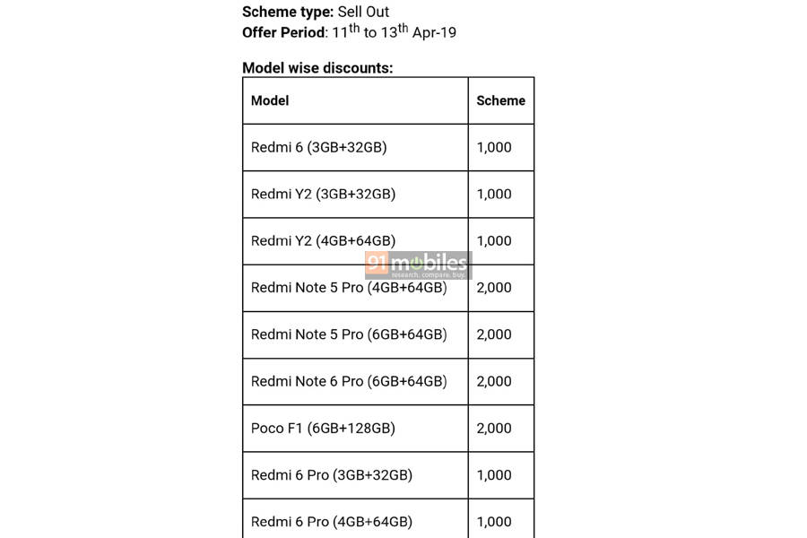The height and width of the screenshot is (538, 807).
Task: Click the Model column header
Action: tap(270, 100)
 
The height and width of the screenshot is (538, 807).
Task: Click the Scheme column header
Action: tap(500, 100)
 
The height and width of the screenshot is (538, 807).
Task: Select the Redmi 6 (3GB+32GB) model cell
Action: tap(318, 147)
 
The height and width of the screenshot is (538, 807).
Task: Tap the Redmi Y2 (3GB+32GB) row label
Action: tap(323, 194)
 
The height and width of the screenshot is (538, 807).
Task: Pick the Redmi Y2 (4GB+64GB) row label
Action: tap(323, 240)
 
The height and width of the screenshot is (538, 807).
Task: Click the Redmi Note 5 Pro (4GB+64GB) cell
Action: tap(348, 288)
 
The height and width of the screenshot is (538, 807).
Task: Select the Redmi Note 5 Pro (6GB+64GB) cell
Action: tap(348, 334)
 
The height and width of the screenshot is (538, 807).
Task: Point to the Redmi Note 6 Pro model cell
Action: tap(348, 381)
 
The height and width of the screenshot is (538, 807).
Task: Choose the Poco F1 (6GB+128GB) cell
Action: tap(323, 428)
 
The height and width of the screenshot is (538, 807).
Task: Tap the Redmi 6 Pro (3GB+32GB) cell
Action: tap(331, 475)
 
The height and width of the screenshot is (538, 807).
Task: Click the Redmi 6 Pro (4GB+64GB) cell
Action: tap(331, 522)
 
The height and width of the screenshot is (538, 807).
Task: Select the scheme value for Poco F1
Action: tap(494, 428)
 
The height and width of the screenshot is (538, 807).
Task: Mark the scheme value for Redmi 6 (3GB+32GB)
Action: tap(494, 147)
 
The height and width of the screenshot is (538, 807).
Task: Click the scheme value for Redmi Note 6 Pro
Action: tap(494, 381)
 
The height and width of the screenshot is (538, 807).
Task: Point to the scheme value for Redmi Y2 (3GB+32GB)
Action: tap(494, 194)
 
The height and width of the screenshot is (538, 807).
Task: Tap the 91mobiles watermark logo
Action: tap(418, 265)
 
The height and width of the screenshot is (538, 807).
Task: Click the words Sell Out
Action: tap(363, 13)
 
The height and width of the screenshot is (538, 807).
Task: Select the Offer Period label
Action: tap(282, 33)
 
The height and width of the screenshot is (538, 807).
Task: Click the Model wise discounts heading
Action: tap(317, 67)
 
